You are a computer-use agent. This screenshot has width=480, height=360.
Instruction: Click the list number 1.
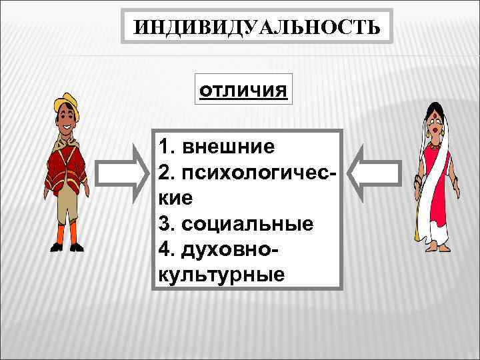(x=165, y=146)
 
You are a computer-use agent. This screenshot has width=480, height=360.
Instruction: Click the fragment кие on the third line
(x=176, y=197)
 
